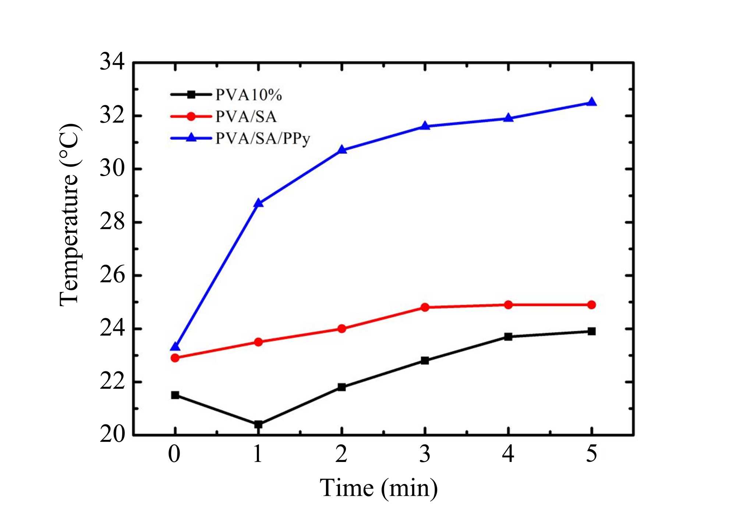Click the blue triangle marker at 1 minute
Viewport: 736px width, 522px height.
[x=258, y=203]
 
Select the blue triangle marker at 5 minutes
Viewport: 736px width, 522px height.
[x=591, y=102]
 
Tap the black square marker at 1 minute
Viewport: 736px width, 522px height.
[x=258, y=424]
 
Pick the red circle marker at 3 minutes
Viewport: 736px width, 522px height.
[x=425, y=307]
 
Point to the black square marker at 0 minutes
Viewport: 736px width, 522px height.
[x=175, y=395]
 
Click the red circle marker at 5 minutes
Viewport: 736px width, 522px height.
[x=591, y=305]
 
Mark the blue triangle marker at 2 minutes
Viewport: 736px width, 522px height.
[x=342, y=150]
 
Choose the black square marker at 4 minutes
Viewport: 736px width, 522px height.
[x=508, y=337]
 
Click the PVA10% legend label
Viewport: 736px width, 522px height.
[x=249, y=95]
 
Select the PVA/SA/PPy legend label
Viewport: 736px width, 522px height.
[x=263, y=139]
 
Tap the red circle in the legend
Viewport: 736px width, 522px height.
[x=191, y=116]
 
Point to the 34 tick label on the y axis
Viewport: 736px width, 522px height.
[x=112, y=62]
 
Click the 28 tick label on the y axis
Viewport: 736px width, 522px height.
[x=112, y=222]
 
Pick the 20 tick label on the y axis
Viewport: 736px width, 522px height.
[x=112, y=435]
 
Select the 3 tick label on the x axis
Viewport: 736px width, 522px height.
[x=425, y=454]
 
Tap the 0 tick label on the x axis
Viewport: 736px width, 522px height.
[x=174, y=454]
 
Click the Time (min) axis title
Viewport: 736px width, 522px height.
[x=379, y=488]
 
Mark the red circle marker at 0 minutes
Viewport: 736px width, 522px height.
[x=175, y=358]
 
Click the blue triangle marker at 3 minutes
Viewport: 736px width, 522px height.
[x=425, y=126]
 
